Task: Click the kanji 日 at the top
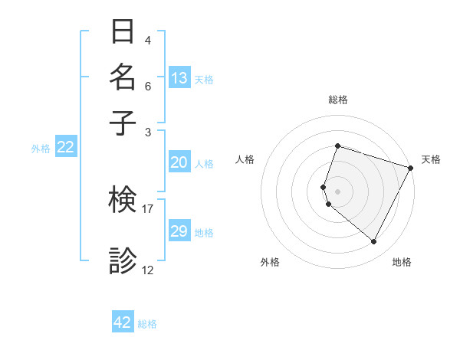pos(123,31)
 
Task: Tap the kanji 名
pos(123,77)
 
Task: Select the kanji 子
pos(123,122)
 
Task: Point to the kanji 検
pos(123,201)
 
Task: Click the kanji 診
pos(123,260)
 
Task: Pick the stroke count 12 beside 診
pos(148,270)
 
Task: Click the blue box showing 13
pos(179,77)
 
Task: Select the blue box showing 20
pos(179,162)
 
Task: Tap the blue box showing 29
pos(179,231)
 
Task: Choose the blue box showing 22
pos(65,147)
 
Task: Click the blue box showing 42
pos(122,322)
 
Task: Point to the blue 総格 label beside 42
pos(147,324)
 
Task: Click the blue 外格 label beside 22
pos(40,149)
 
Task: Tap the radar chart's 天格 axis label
pos(431,159)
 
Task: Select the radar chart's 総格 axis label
pos(337,100)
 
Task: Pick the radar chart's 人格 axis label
pos(245,159)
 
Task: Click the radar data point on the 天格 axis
pos(411,167)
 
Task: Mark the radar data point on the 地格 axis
pos(373,241)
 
